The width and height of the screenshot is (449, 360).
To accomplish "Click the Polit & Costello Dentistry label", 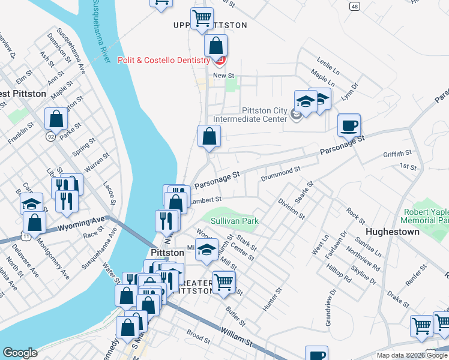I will [163, 60].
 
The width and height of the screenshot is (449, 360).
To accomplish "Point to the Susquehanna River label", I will [101, 30].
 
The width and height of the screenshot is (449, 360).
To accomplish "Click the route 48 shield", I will [355, 6].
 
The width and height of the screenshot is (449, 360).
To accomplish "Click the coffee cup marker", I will [349, 126].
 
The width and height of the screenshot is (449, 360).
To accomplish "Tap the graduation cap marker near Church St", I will [207, 250].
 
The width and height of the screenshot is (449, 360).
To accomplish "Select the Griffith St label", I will [397, 154].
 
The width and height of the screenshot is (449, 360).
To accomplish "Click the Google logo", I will [20, 353].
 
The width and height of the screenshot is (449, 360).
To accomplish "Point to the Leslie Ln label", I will [328, 66].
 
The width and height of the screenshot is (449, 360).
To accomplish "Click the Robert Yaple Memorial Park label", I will [426, 216].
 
